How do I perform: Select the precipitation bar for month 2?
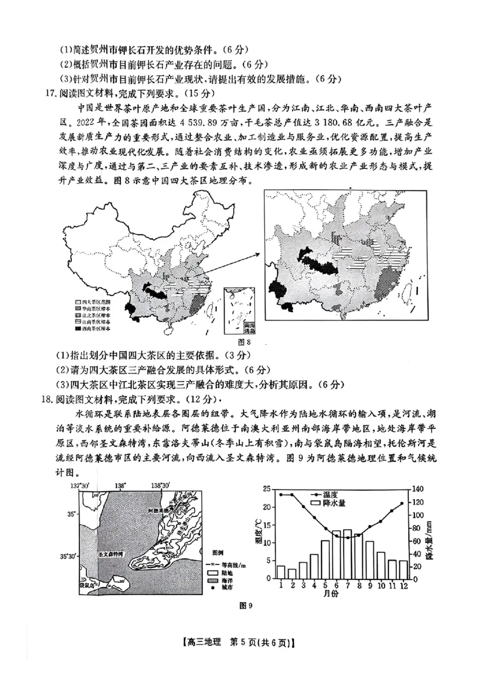click(x=292, y=574)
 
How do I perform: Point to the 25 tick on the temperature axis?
click(x=268, y=489)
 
